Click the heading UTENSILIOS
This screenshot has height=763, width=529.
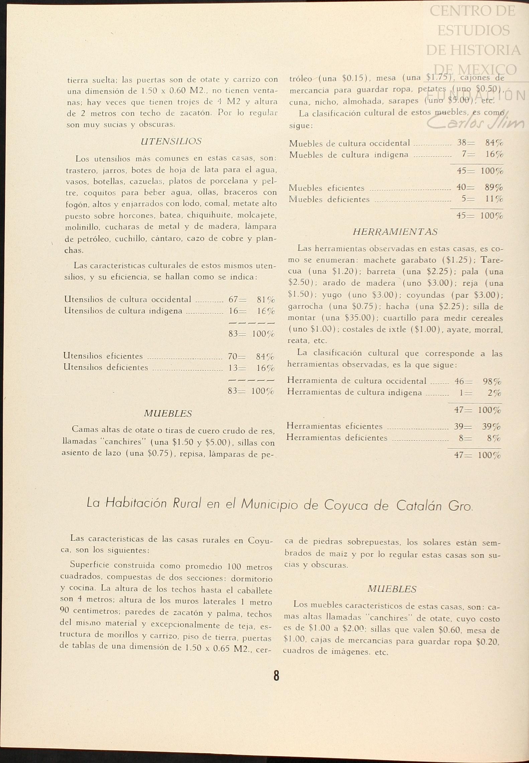[x=171, y=141]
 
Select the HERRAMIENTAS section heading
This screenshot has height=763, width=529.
[x=395, y=232]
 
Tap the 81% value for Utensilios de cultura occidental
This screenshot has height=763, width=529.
[x=266, y=300]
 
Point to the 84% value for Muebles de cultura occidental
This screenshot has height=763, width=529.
[x=494, y=143]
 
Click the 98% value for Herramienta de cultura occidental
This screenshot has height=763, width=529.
[x=492, y=381]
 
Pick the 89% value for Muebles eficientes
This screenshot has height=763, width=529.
[x=494, y=188]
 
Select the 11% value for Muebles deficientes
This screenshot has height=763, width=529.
[x=494, y=199]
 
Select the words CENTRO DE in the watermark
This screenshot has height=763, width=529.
[x=472, y=11]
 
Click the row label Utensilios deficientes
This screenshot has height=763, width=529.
[x=106, y=367]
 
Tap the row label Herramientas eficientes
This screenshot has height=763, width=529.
[x=334, y=426]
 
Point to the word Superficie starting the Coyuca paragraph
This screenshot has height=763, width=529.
[x=89, y=565]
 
